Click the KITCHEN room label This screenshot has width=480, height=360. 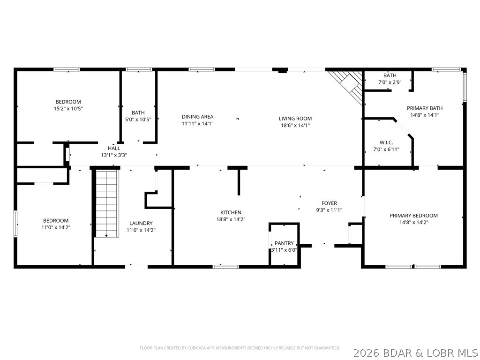(231, 212)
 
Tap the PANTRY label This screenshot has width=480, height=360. (284, 243)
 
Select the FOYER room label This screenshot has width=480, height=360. (329, 203)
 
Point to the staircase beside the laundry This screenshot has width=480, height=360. (106, 203)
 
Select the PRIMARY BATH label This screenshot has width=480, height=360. (424, 108)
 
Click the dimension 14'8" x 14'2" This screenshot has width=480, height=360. (413, 222)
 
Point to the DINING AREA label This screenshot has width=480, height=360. (197, 117)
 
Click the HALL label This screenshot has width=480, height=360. (114, 148)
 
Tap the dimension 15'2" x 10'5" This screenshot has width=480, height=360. (68, 108)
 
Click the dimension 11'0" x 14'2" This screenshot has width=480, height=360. (56, 227)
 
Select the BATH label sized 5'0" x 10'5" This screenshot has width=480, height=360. (138, 112)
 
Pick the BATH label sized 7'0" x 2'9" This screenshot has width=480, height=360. (390, 75)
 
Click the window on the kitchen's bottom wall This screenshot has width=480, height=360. (226, 267)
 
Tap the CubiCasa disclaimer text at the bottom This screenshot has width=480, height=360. (240, 348)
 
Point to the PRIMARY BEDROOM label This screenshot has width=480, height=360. (413, 216)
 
